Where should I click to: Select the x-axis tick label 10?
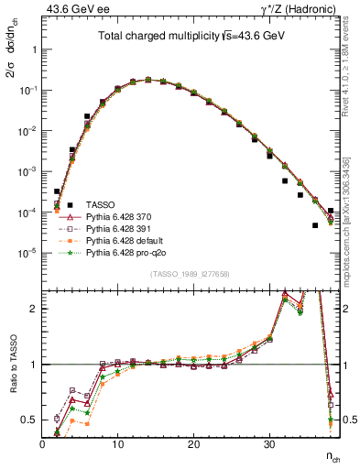(x=117, y=445)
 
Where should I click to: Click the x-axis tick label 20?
(x=193, y=445)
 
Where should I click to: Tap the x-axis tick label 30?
(x=268, y=445)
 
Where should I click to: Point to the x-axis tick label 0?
(x=42, y=445)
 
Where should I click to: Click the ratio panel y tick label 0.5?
(x=29, y=420)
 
